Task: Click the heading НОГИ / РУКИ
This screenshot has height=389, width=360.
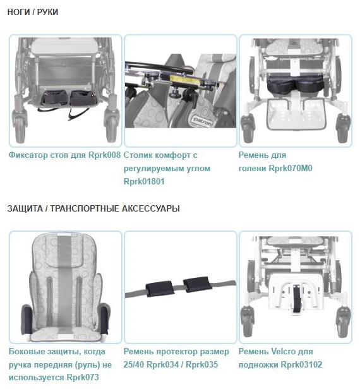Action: [33, 12]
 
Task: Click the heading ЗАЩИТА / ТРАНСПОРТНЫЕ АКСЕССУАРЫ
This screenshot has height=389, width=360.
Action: [93, 208]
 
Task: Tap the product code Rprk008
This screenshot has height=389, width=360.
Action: [104, 155]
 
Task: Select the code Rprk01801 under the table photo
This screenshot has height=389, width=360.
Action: [144, 181]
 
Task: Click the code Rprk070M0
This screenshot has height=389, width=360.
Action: [291, 168]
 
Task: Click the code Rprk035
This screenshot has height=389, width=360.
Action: [201, 364]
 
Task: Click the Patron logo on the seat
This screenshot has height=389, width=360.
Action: [202, 121]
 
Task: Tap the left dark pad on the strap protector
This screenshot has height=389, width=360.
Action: [160, 288]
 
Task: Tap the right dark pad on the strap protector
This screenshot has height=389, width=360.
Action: [197, 284]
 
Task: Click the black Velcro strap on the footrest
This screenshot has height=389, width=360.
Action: [296, 299]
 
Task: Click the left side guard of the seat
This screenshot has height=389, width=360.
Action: [27, 320]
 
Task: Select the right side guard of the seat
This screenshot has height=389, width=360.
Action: [104, 320]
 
